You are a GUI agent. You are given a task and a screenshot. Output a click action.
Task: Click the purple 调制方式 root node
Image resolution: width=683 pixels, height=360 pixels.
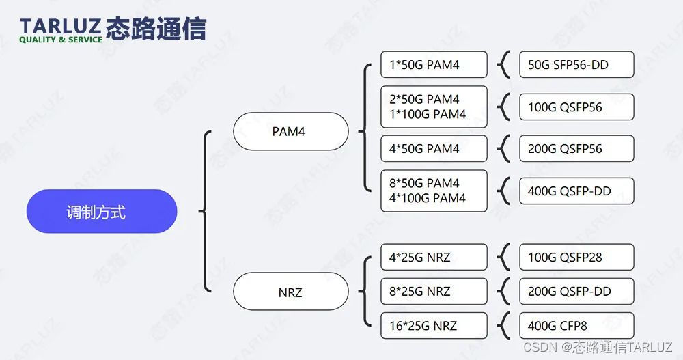coord(101,211)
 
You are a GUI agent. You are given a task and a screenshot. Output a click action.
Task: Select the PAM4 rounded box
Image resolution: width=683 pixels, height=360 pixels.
coord(290,131)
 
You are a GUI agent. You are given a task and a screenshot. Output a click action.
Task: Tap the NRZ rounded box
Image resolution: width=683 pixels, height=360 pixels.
coord(290,292)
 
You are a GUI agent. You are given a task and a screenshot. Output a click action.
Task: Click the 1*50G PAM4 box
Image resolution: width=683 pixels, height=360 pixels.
coord(434,65)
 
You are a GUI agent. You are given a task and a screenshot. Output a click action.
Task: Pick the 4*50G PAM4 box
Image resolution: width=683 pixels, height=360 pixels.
coord(434,148)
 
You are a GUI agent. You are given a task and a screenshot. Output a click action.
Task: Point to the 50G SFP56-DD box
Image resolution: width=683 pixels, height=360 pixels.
coord(576,65)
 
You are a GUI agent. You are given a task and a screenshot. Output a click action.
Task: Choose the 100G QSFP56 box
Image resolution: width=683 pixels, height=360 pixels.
coord(576,107)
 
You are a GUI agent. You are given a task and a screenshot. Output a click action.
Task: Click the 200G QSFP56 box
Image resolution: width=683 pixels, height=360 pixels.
coord(576,148)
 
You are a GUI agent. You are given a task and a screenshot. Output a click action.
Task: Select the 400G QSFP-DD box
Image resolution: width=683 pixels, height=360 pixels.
coord(576,191)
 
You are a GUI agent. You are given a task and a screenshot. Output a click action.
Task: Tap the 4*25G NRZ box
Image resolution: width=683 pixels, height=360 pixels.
coord(434,258)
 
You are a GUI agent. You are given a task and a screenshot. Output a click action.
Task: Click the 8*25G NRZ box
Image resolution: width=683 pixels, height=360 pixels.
coord(434,291)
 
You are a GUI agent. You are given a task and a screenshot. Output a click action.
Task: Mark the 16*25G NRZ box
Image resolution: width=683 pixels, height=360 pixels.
coord(434,326)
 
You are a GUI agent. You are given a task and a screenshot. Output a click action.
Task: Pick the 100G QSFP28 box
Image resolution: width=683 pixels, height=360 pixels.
coord(576,258)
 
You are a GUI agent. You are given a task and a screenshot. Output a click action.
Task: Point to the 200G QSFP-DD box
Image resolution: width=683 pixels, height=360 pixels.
coord(576,291)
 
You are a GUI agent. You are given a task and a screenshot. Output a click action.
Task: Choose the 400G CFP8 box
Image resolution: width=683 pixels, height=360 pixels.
coord(576,326)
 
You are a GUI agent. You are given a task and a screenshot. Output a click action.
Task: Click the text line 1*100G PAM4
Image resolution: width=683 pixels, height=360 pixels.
coord(428,115)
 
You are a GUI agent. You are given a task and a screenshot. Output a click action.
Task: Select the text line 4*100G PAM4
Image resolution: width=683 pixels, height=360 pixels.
coord(428,199)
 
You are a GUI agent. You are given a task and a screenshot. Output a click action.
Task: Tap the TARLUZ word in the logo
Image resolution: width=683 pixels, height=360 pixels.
coord(60,25)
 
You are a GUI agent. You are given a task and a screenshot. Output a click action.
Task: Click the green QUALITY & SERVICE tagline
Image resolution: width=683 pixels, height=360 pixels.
coord(60,40)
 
